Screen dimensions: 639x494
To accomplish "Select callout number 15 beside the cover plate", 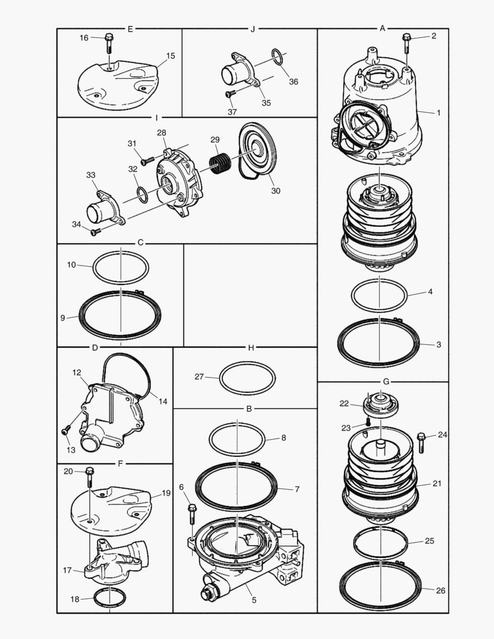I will pos(170,56).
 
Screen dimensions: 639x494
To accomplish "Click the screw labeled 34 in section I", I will pos(94,232).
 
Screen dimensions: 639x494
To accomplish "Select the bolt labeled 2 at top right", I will pos(406,42).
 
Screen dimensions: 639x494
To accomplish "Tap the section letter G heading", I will pos(386,382).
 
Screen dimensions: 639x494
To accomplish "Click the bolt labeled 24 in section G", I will pos(421,441).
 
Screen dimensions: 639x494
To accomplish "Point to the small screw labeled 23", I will pos(367,421).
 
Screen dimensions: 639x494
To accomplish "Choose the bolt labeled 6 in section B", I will pos(192,514).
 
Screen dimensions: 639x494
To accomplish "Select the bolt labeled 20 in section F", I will pos(89,475).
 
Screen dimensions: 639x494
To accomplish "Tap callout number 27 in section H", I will pos(199,376).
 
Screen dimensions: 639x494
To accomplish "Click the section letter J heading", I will pos(253,28).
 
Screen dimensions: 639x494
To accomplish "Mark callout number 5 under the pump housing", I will pos(254,600).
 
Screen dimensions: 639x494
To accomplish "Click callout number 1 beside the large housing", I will pos(438,112).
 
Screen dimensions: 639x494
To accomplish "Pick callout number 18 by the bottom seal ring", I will pos(75,599).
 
